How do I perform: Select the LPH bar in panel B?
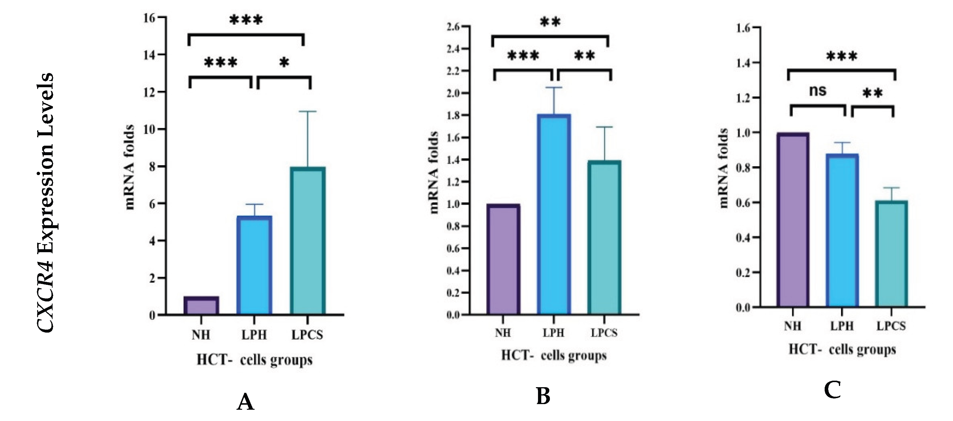coord(554,215)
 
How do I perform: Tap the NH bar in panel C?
coord(793,220)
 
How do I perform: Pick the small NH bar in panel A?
coord(201,305)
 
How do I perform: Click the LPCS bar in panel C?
coord(891,254)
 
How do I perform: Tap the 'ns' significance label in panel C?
coord(817,91)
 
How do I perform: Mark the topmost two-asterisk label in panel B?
coord(550,22)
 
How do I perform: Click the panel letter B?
coord(543,396)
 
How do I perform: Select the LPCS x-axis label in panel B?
coord(604,333)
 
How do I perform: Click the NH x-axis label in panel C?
coord(793,326)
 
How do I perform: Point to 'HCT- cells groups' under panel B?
coord(553,355)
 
